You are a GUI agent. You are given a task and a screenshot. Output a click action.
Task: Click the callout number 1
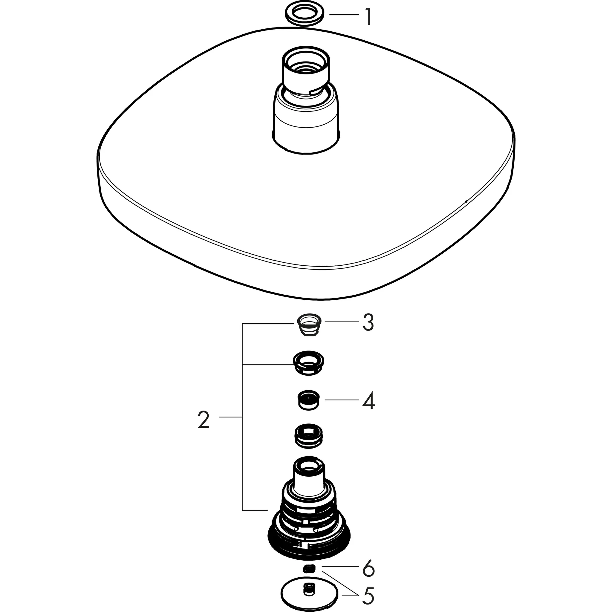pos(368,17)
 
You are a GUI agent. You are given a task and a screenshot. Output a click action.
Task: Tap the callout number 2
pos(204,420)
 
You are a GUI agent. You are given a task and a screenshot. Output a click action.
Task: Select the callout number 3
pos(368,323)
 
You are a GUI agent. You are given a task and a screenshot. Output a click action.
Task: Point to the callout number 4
pos(369,401)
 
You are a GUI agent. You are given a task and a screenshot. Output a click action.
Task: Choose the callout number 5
pos(368,595)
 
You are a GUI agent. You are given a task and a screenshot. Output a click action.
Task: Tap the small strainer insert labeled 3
pos(309,326)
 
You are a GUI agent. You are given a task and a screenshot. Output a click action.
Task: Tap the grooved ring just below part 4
pos(308,436)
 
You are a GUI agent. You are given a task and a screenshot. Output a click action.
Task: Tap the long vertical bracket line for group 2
pos(242,421)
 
